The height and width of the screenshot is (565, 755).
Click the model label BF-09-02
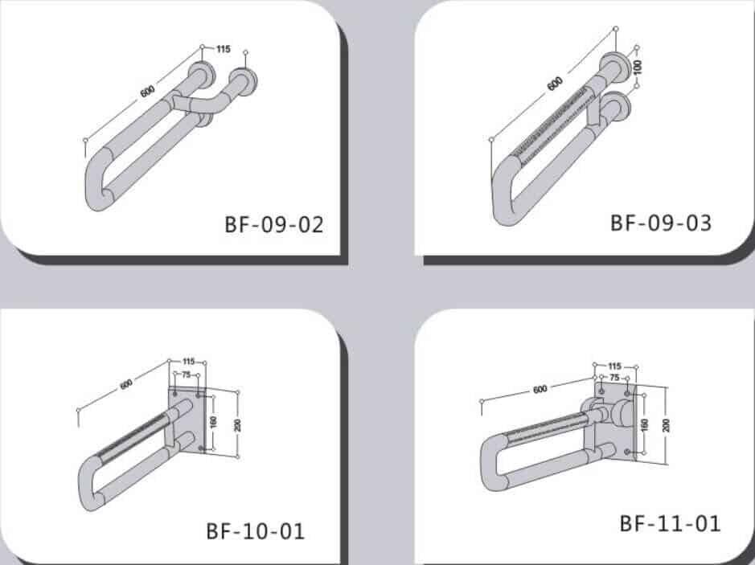273,224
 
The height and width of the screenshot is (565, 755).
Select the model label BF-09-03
661,222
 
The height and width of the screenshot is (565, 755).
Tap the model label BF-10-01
256,530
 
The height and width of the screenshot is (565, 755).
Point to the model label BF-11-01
670,523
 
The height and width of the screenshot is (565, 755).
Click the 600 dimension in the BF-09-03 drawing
554,83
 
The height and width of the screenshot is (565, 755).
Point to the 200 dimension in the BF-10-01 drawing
238,424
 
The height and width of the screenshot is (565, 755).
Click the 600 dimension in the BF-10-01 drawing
126,384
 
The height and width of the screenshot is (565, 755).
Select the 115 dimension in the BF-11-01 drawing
615,366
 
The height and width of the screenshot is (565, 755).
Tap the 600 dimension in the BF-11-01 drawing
540,389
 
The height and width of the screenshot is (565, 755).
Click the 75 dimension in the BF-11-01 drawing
614,377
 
